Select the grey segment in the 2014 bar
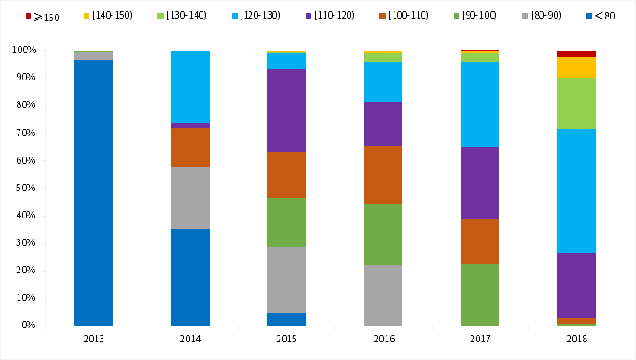point(190,198)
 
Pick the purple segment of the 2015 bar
point(287,111)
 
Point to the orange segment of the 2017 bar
point(479,241)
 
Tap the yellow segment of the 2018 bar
point(576,67)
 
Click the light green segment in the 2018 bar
point(576,103)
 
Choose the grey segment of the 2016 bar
point(383,295)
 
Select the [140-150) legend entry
point(109,17)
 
